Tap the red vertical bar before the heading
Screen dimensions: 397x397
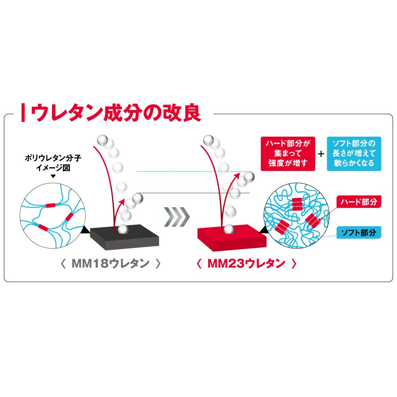[x=25, y=113]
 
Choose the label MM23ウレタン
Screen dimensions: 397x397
[x=247, y=264]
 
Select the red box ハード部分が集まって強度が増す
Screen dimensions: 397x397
[x=288, y=154]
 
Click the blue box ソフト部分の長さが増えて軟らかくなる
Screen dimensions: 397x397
[x=353, y=154]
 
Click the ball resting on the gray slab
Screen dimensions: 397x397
[x=123, y=229]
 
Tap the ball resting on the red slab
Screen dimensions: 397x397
[x=229, y=229]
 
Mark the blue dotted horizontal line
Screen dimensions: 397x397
[x=191, y=172]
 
